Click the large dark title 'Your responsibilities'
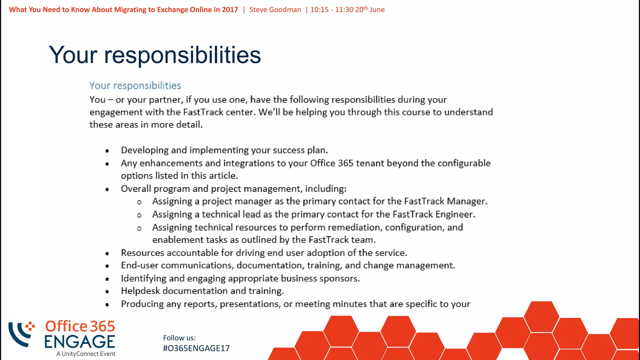155,55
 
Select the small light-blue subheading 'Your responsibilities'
135,86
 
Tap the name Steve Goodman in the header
275,10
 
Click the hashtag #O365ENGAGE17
196,348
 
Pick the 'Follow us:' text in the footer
179,338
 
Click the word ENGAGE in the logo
80,342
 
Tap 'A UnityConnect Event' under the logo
86,354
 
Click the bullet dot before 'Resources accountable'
107,253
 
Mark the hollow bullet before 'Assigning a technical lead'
139,215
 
